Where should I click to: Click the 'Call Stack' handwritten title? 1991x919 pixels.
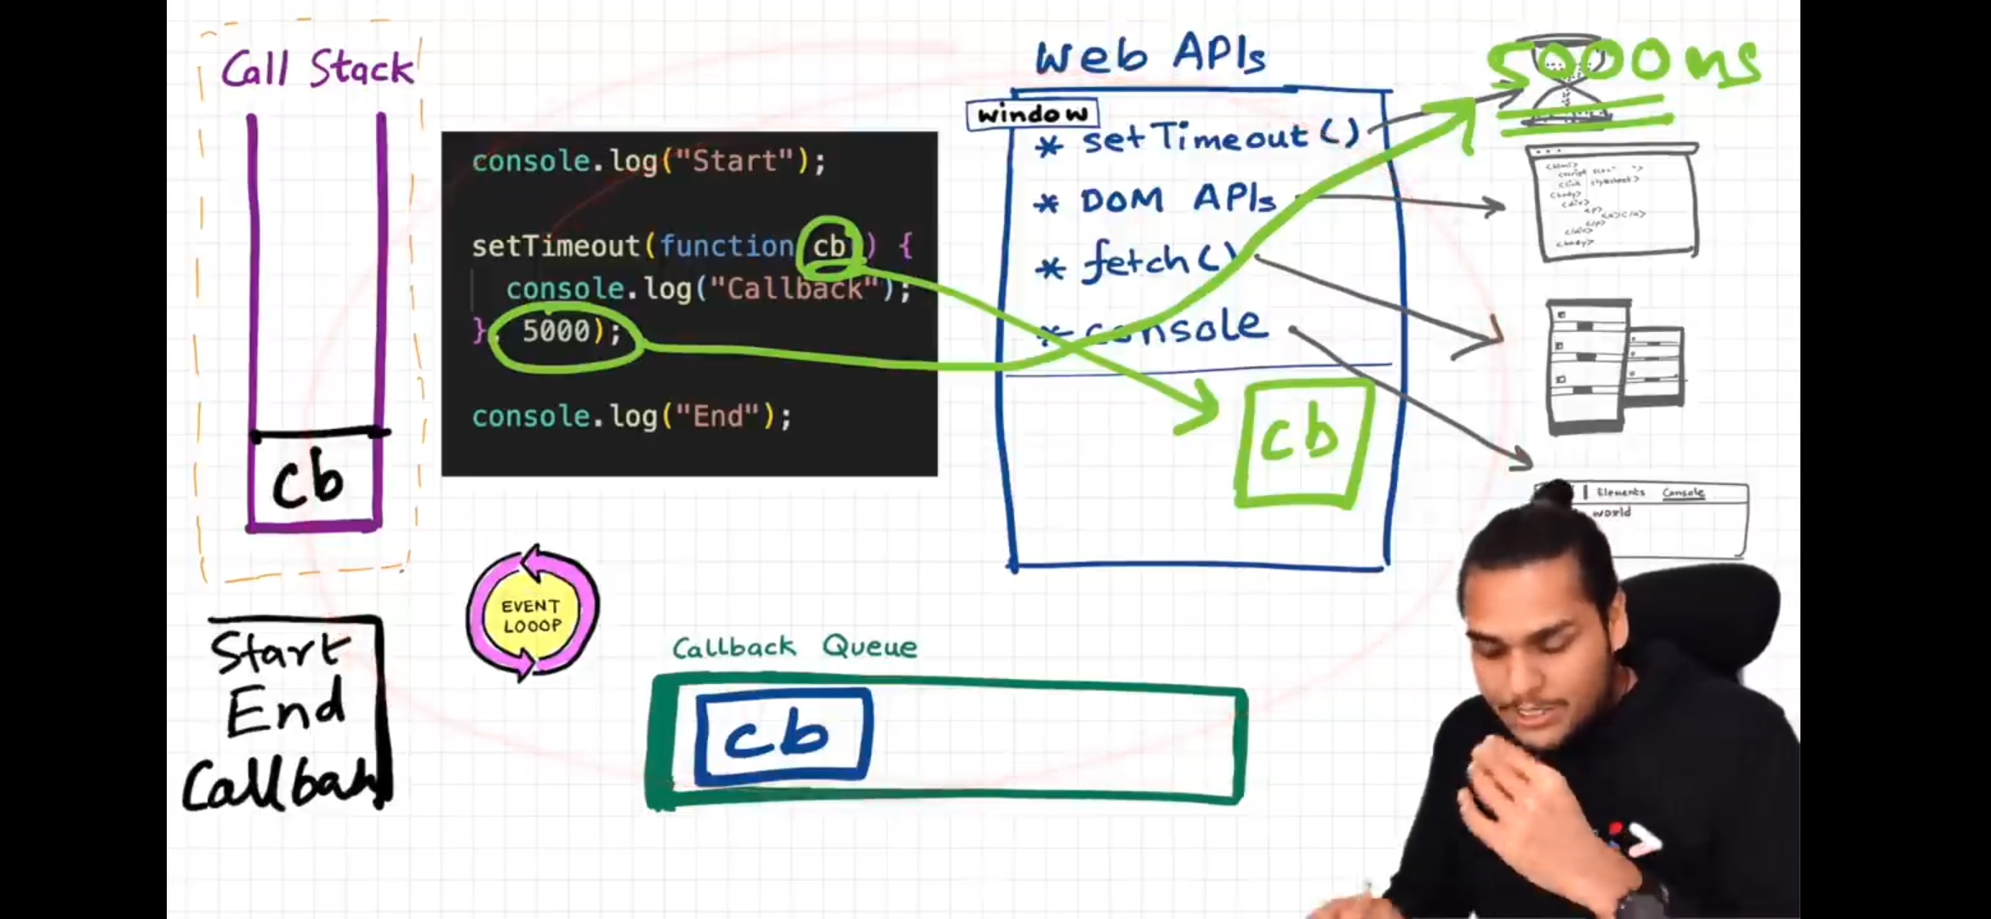[x=317, y=68]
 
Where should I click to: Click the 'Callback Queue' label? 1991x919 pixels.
[x=795, y=647]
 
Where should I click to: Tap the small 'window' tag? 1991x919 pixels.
[x=1032, y=114]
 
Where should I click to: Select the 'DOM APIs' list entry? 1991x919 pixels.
[x=1178, y=201]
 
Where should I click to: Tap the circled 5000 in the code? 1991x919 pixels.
[x=556, y=331]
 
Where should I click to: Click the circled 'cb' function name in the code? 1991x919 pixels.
[x=829, y=247]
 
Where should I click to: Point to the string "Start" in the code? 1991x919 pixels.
[x=733, y=161]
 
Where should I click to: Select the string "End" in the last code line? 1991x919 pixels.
[x=716, y=416]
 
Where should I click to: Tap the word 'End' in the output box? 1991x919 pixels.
[x=286, y=711]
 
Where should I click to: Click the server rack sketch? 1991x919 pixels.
[x=1613, y=366]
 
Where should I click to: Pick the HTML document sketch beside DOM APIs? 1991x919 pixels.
[x=1613, y=203]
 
